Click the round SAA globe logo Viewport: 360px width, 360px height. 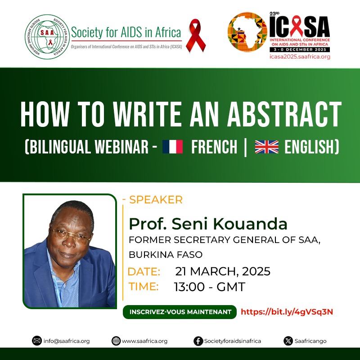tap(47, 37)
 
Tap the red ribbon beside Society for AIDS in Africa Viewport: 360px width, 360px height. tap(196, 36)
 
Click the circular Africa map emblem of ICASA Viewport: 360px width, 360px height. tap(247, 32)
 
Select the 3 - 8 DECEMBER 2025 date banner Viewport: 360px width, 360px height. tap(300, 49)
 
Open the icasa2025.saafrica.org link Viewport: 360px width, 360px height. tap(300, 57)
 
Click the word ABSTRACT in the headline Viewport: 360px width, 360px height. tap(284, 114)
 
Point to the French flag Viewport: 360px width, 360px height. tap(172, 147)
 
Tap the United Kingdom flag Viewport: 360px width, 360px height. tap(266, 147)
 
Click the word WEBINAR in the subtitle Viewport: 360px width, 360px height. tap(121, 147)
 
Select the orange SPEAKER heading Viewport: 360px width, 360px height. tap(156, 200)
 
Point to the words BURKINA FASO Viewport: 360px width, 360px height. tap(166, 255)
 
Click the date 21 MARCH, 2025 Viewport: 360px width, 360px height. tap(223, 271)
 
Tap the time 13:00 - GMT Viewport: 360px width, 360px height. tap(209, 287)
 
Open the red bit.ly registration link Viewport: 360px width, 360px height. tap(287, 312)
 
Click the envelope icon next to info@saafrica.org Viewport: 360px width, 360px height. tap(37, 341)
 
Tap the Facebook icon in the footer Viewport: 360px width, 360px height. tap(198, 341)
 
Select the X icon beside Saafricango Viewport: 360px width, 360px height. tap(288, 341)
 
